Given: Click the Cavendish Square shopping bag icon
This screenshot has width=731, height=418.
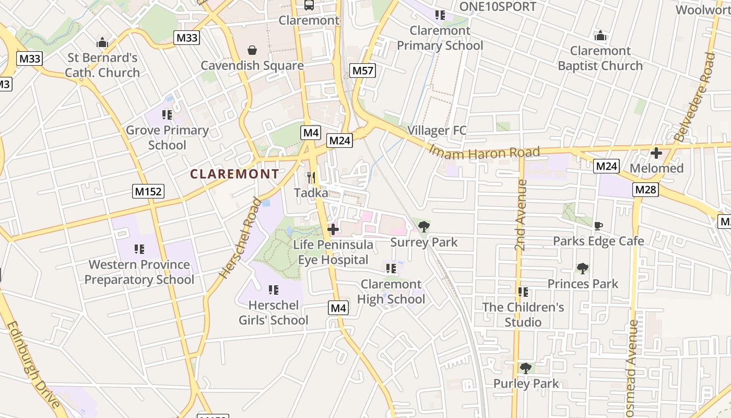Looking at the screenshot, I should point(252,50).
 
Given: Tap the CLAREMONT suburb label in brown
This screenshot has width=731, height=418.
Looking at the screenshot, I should point(234,174).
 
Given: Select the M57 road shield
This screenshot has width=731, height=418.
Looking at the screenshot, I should point(363,71).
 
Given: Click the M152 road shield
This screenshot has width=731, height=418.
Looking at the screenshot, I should point(148,191).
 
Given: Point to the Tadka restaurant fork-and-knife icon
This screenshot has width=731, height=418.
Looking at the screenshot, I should point(311,178).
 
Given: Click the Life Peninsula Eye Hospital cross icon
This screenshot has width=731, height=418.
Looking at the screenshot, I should point(333,229).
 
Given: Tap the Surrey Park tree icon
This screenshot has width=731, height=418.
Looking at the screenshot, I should point(424,227).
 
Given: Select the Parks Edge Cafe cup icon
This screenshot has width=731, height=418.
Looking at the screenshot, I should point(598,226).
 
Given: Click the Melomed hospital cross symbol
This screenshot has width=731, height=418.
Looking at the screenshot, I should point(656,153).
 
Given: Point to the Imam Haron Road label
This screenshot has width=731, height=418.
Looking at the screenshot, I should point(484,153).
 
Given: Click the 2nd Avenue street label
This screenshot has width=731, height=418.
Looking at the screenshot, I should point(521,215).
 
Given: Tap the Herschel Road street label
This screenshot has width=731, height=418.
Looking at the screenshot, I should point(241,238).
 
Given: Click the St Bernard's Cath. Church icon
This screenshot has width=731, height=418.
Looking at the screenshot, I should point(102,42).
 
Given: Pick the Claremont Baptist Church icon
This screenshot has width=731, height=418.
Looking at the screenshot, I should point(600,36).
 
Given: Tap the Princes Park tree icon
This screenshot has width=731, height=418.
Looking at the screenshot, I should point(583,269).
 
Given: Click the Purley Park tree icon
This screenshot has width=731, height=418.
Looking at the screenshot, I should point(526,368).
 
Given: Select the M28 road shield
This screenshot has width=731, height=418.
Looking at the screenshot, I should point(645,190).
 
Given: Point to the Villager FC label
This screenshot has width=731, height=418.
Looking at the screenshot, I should point(437,131).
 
